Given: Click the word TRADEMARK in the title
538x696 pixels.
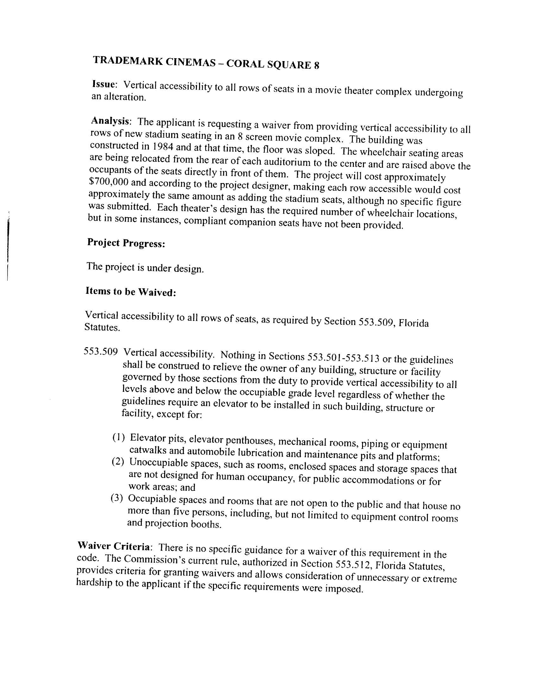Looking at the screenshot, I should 128,60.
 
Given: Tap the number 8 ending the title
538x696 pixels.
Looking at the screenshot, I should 316,66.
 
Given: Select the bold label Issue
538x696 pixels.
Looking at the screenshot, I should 103,84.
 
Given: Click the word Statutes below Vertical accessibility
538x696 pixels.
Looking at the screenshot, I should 102,327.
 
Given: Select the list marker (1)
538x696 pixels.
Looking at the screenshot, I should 118,437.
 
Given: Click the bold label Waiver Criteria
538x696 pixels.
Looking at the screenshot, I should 114,546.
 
